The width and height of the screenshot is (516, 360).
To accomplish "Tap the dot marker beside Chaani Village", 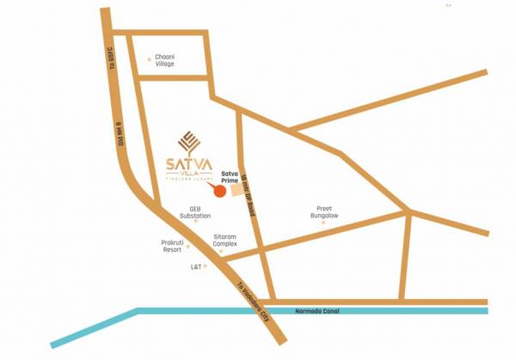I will (x=149, y=59).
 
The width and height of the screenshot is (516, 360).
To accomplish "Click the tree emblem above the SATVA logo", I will (x=187, y=140).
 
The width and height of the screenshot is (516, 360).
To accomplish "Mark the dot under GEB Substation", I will (x=195, y=221).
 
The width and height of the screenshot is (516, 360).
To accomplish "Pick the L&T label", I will (x=196, y=267).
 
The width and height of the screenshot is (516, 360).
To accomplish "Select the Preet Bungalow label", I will (x=324, y=211).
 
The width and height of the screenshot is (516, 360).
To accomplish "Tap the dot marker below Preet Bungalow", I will (x=324, y=223).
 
